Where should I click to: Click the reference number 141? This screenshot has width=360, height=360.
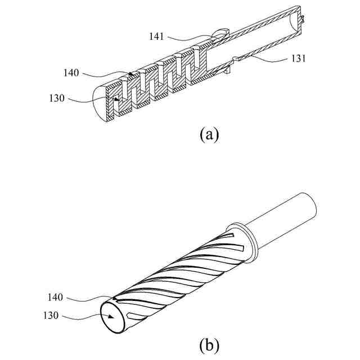157,37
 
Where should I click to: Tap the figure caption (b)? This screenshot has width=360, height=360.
209,343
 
